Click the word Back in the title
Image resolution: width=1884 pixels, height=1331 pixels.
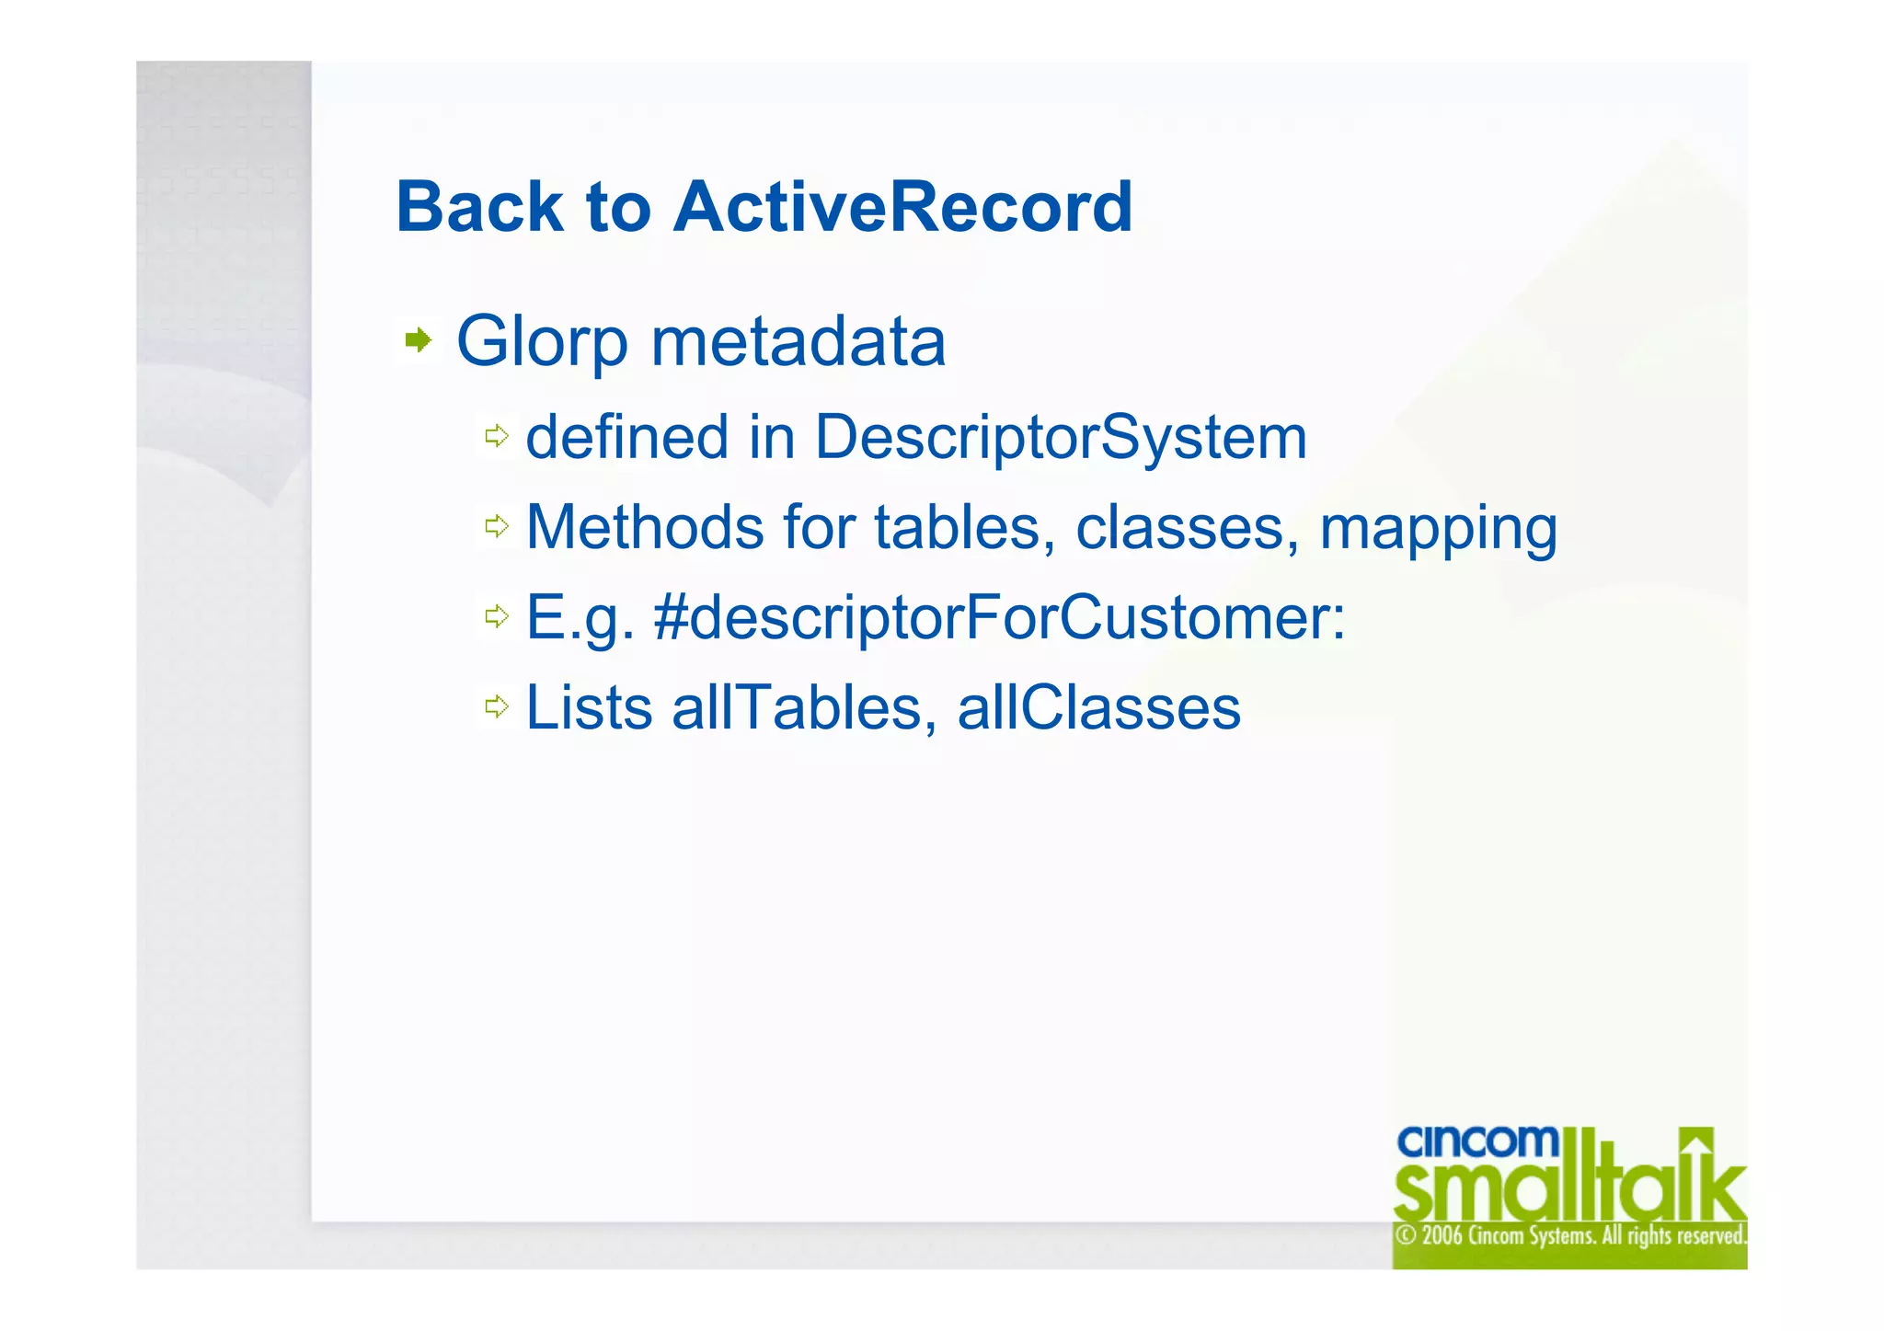pyautogui.click(x=478, y=207)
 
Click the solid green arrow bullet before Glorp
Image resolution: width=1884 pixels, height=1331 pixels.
pyautogui.click(x=419, y=340)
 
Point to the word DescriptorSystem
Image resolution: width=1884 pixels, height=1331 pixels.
pyautogui.click(x=1060, y=437)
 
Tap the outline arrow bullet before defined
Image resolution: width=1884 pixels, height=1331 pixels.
pyautogui.click(x=497, y=436)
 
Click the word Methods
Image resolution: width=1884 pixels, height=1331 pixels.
pyautogui.click(x=644, y=527)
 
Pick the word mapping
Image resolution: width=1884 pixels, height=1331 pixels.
pyautogui.click(x=1438, y=529)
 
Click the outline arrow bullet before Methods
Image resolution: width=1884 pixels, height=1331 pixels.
pyautogui.click(x=497, y=526)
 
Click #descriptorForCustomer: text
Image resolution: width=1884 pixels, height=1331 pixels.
pyautogui.click(x=999, y=616)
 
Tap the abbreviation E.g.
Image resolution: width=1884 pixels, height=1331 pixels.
pyautogui.click(x=580, y=617)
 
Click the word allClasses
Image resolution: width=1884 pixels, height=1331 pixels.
pyautogui.click(x=1098, y=707)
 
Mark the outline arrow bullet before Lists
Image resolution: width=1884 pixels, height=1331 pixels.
pyautogui.click(x=497, y=706)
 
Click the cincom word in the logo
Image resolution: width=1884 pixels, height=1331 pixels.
pyautogui.click(x=1477, y=1142)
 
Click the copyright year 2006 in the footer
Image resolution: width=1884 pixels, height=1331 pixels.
pyautogui.click(x=1442, y=1235)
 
